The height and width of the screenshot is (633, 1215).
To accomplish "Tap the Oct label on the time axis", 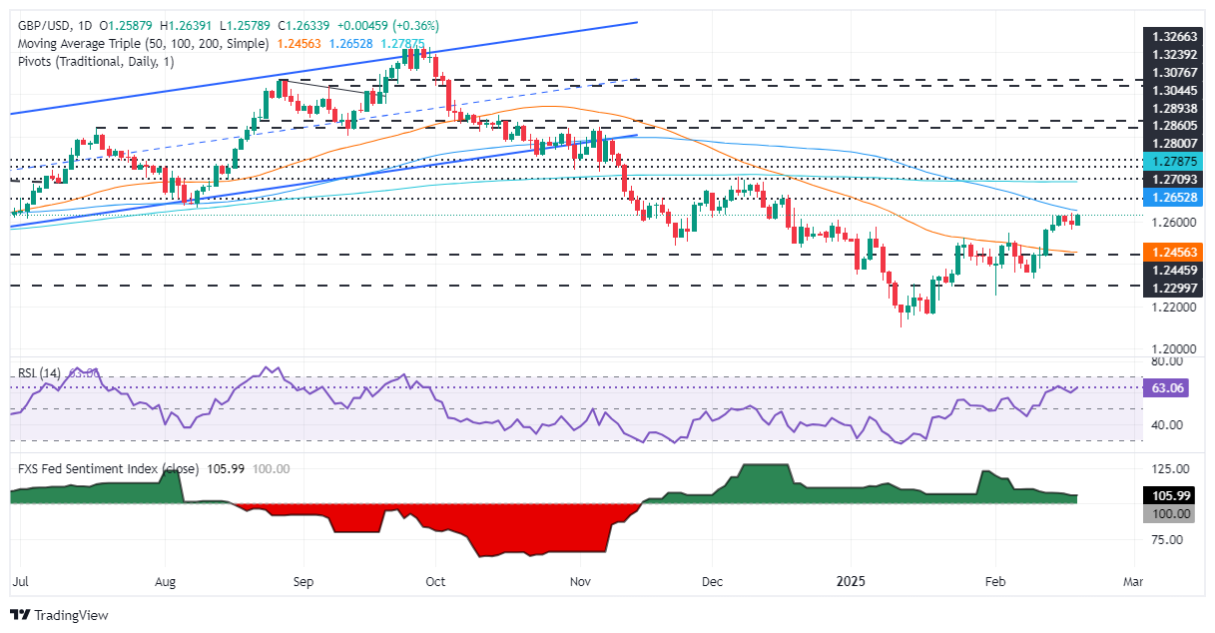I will coord(435,578).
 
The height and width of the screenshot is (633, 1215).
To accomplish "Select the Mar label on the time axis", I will coord(1135,578).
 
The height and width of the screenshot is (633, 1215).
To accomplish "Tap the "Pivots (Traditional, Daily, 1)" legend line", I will coord(90,63).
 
